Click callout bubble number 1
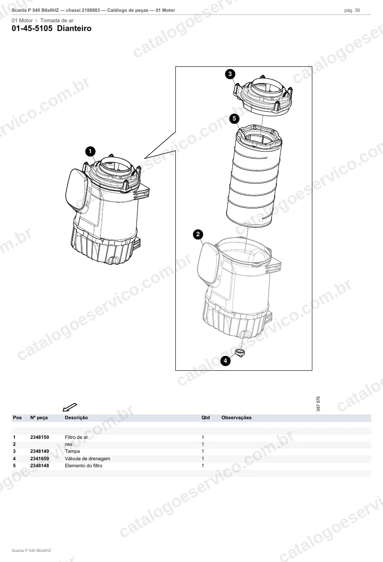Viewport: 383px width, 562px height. click(90, 151)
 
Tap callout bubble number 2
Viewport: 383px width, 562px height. click(198, 234)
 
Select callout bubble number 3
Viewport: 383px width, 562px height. click(230, 74)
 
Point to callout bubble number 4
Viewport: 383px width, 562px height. click(226, 361)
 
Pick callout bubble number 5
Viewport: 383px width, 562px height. click(234, 118)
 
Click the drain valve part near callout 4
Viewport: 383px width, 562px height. click(240, 352)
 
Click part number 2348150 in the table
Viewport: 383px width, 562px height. click(40, 437)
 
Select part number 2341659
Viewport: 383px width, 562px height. click(40, 459)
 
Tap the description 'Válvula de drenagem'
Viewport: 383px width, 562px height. click(88, 459)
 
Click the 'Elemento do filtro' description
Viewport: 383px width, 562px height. click(83, 465)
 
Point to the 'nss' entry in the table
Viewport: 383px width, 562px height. click(68, 445)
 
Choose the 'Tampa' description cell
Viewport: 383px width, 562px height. click(72, 452)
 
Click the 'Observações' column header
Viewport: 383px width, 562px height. click(236, 418)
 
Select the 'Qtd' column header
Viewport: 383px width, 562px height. click(205, 418)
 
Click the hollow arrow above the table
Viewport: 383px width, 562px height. click(70, 407)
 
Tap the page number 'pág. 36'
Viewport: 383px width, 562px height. click(352, 10)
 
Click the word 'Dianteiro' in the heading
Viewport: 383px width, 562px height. click(74, 28)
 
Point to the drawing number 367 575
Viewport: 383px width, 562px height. click(318, 403)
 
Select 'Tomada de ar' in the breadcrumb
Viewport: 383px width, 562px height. click(57, 21)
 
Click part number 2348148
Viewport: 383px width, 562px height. click(40, 465)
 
